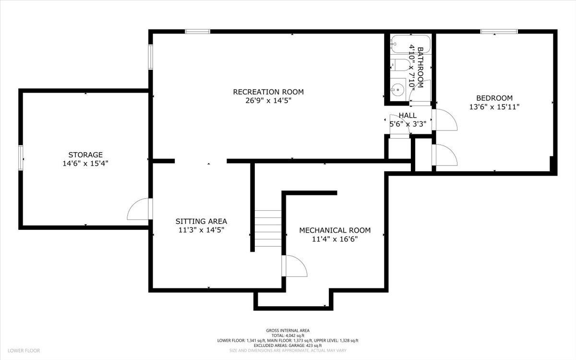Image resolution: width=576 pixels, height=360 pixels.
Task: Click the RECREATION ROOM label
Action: pos(268,92)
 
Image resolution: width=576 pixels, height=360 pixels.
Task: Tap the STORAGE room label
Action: pos(85,155)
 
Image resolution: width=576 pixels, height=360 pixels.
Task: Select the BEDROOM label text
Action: pos(494,98)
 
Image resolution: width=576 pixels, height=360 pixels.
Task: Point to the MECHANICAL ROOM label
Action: pos(335,230)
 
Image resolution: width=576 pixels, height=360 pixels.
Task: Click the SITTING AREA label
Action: pos(201,221)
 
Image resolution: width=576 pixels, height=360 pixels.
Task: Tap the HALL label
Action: pos(408,115)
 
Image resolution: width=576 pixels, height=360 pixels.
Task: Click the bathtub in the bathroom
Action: pos(410,44)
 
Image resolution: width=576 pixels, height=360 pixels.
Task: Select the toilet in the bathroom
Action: pos(400,65)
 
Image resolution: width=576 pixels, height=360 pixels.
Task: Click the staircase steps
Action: pos(268,228)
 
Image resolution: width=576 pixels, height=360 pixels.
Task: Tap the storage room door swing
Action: pos(138,209)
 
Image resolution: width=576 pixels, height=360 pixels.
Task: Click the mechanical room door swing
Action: pos(296,266)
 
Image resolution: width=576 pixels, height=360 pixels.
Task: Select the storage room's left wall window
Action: pos(21,157)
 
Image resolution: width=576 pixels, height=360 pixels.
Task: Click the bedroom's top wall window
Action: pos(499,32)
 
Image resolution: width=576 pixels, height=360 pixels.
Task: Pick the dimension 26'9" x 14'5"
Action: pos(268,100)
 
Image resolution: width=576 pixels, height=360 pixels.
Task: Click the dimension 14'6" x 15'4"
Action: pos(85,164)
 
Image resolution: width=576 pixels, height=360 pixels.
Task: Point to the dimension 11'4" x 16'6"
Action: pos(335,240)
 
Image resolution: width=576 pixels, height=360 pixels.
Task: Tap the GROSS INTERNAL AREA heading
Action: pos(288,330)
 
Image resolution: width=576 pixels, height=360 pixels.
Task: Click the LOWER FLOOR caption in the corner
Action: pos(24,350)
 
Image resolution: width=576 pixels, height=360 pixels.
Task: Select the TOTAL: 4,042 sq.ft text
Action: pos(288,336)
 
